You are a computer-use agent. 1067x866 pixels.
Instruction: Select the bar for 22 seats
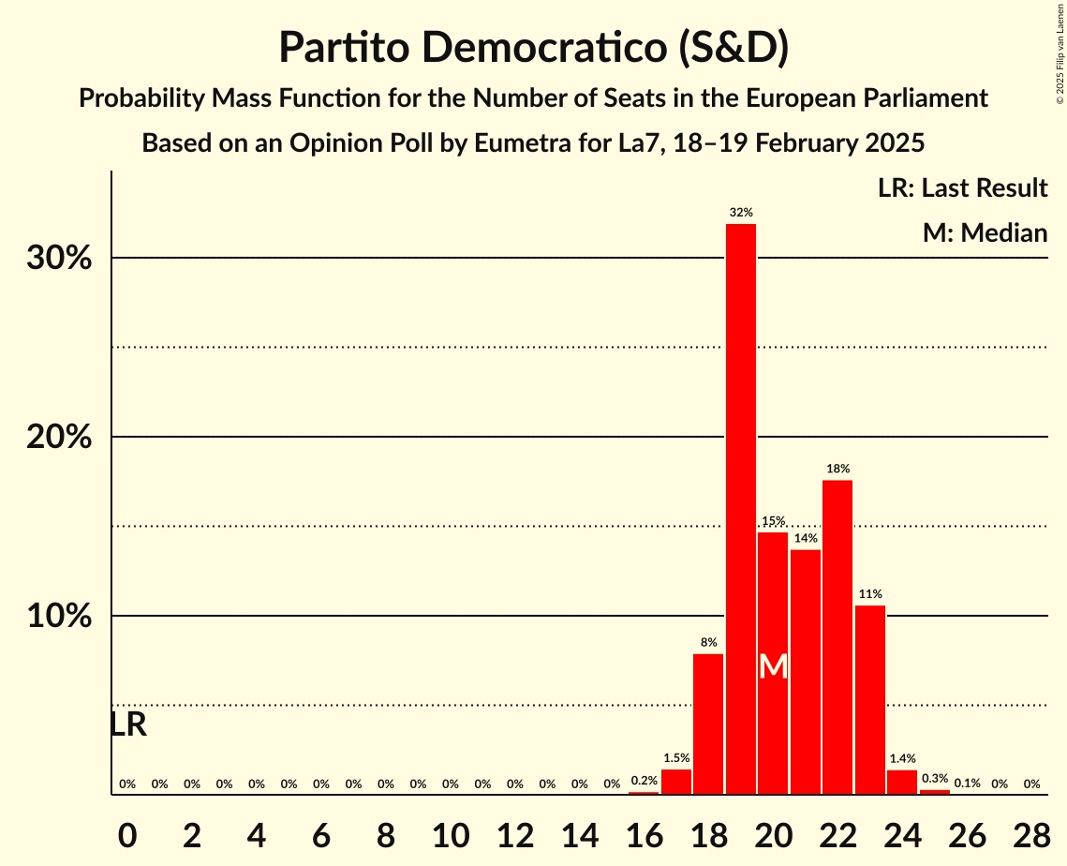[837, 637]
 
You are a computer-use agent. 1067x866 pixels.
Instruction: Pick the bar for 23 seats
[870, 699]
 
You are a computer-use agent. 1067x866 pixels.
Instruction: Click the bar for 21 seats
[806, 671]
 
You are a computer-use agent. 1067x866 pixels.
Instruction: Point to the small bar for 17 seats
[676, 782]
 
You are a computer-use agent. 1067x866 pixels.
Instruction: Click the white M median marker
[773, 666]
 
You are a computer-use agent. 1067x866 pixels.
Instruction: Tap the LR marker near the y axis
[128, 724]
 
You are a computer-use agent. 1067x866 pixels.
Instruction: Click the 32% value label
[741, 213]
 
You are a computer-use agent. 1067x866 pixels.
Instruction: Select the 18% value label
[837, 469]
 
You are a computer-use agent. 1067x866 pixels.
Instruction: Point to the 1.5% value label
[676, 758]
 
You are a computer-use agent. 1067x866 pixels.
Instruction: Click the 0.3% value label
[935, 779]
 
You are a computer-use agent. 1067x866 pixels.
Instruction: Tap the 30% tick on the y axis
[59, 259]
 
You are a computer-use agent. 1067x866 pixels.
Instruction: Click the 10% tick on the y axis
[59, 617]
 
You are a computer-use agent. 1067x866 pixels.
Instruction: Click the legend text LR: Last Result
[962, 188]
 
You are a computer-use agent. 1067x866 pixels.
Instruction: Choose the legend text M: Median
[985, 232]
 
